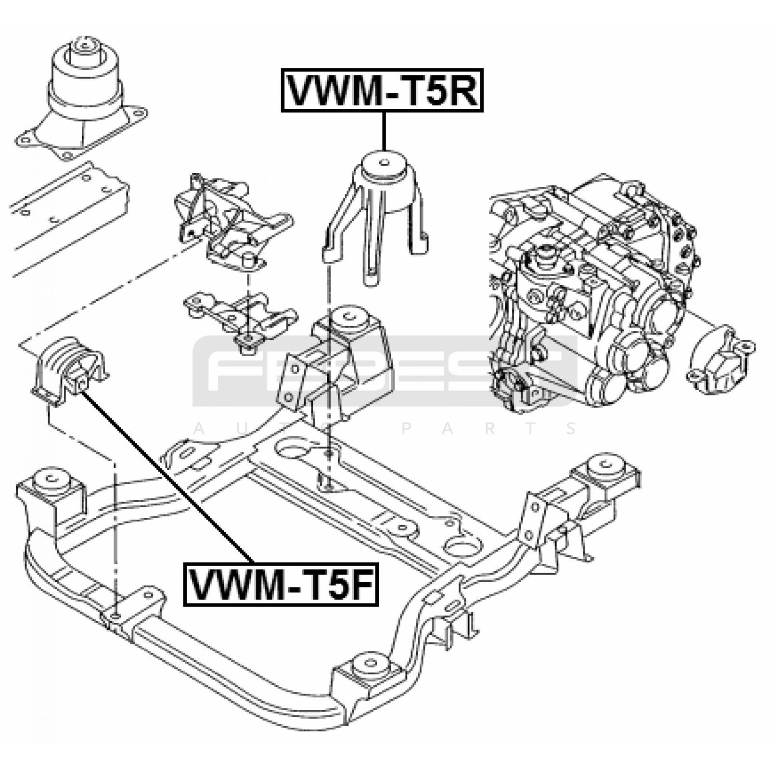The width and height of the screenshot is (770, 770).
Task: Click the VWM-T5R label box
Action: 382,90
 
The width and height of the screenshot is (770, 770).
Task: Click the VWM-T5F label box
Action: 281,584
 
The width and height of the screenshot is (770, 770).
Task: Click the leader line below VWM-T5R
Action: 384,131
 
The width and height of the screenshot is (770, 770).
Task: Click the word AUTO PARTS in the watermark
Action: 385,428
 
